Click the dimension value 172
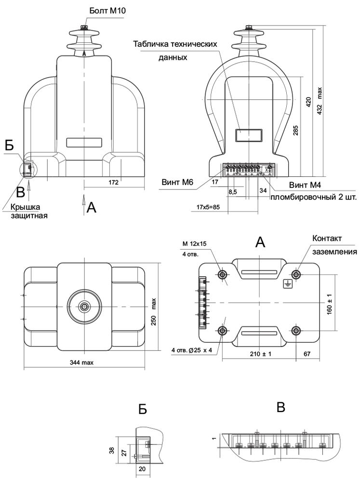click(x=114, y=182)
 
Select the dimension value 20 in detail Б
click(x=142, y=468)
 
